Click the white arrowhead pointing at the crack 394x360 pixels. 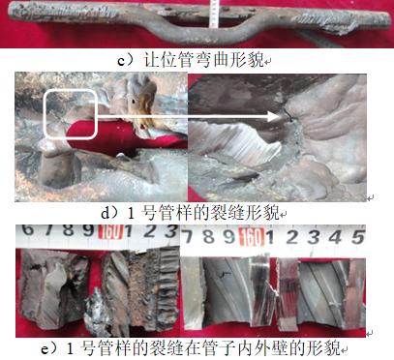tap(274, 116)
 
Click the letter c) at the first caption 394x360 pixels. tap(124, 60)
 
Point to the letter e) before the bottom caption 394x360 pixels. tap(48, 348)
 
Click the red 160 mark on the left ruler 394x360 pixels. tap(111, 231)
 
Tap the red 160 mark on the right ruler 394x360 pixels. tap(252, 237)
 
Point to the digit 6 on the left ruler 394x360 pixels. tap(28, 229)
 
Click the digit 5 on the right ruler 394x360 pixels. tap(358, 237)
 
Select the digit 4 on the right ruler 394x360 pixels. tap(335, 237)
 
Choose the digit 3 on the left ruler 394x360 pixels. tap(171, 231)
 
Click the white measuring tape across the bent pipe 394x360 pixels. tap(213, 14)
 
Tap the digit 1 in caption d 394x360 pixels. tap(131, 213)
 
